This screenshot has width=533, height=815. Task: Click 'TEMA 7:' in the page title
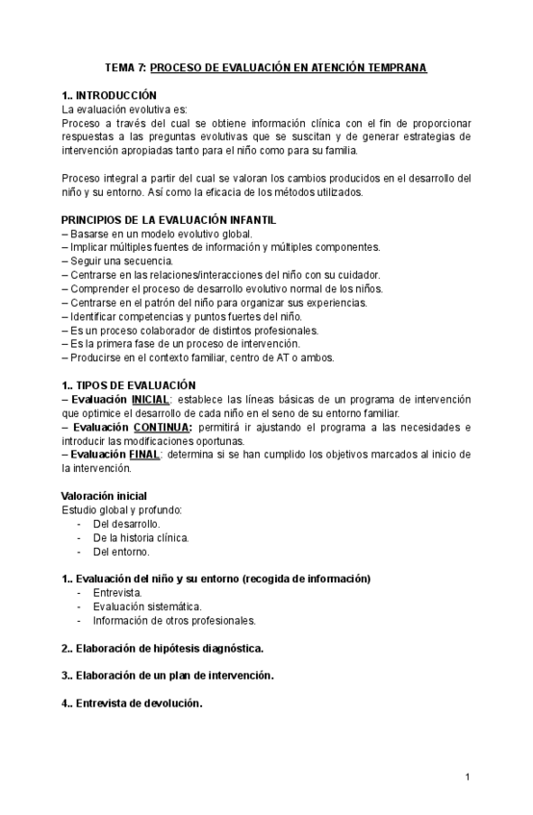(x=126, y=68)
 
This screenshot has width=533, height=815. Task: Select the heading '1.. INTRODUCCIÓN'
(x=108, y=96)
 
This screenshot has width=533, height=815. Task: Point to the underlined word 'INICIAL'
(x=151, y=399)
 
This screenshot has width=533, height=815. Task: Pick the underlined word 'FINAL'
(x=143, y=455)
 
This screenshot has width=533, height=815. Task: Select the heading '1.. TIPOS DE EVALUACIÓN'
(x=128, y=384)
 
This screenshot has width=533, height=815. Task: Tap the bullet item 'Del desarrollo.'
(x=126, y=524)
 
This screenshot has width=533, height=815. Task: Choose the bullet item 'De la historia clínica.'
(x=140, y=538)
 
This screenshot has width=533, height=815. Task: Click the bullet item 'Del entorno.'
(x=121, y=552)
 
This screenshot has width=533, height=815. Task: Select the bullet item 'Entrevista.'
(x=117, y=593)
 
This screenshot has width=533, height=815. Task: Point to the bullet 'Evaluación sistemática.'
(x=147, y=606)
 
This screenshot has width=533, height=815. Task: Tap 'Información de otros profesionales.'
(x=174, y=621)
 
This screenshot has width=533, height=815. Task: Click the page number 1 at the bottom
(x=466, y=777)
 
